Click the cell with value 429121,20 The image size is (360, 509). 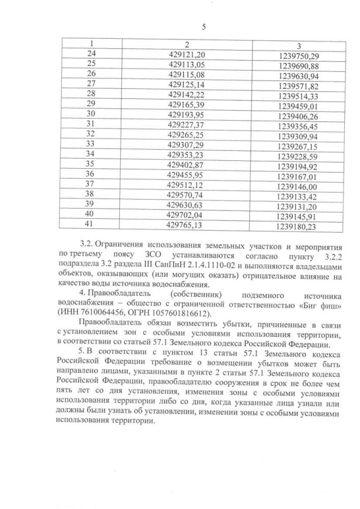coord(187,54)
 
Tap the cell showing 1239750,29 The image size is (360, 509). coord(298,56)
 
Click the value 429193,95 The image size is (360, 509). coord(187,114)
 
